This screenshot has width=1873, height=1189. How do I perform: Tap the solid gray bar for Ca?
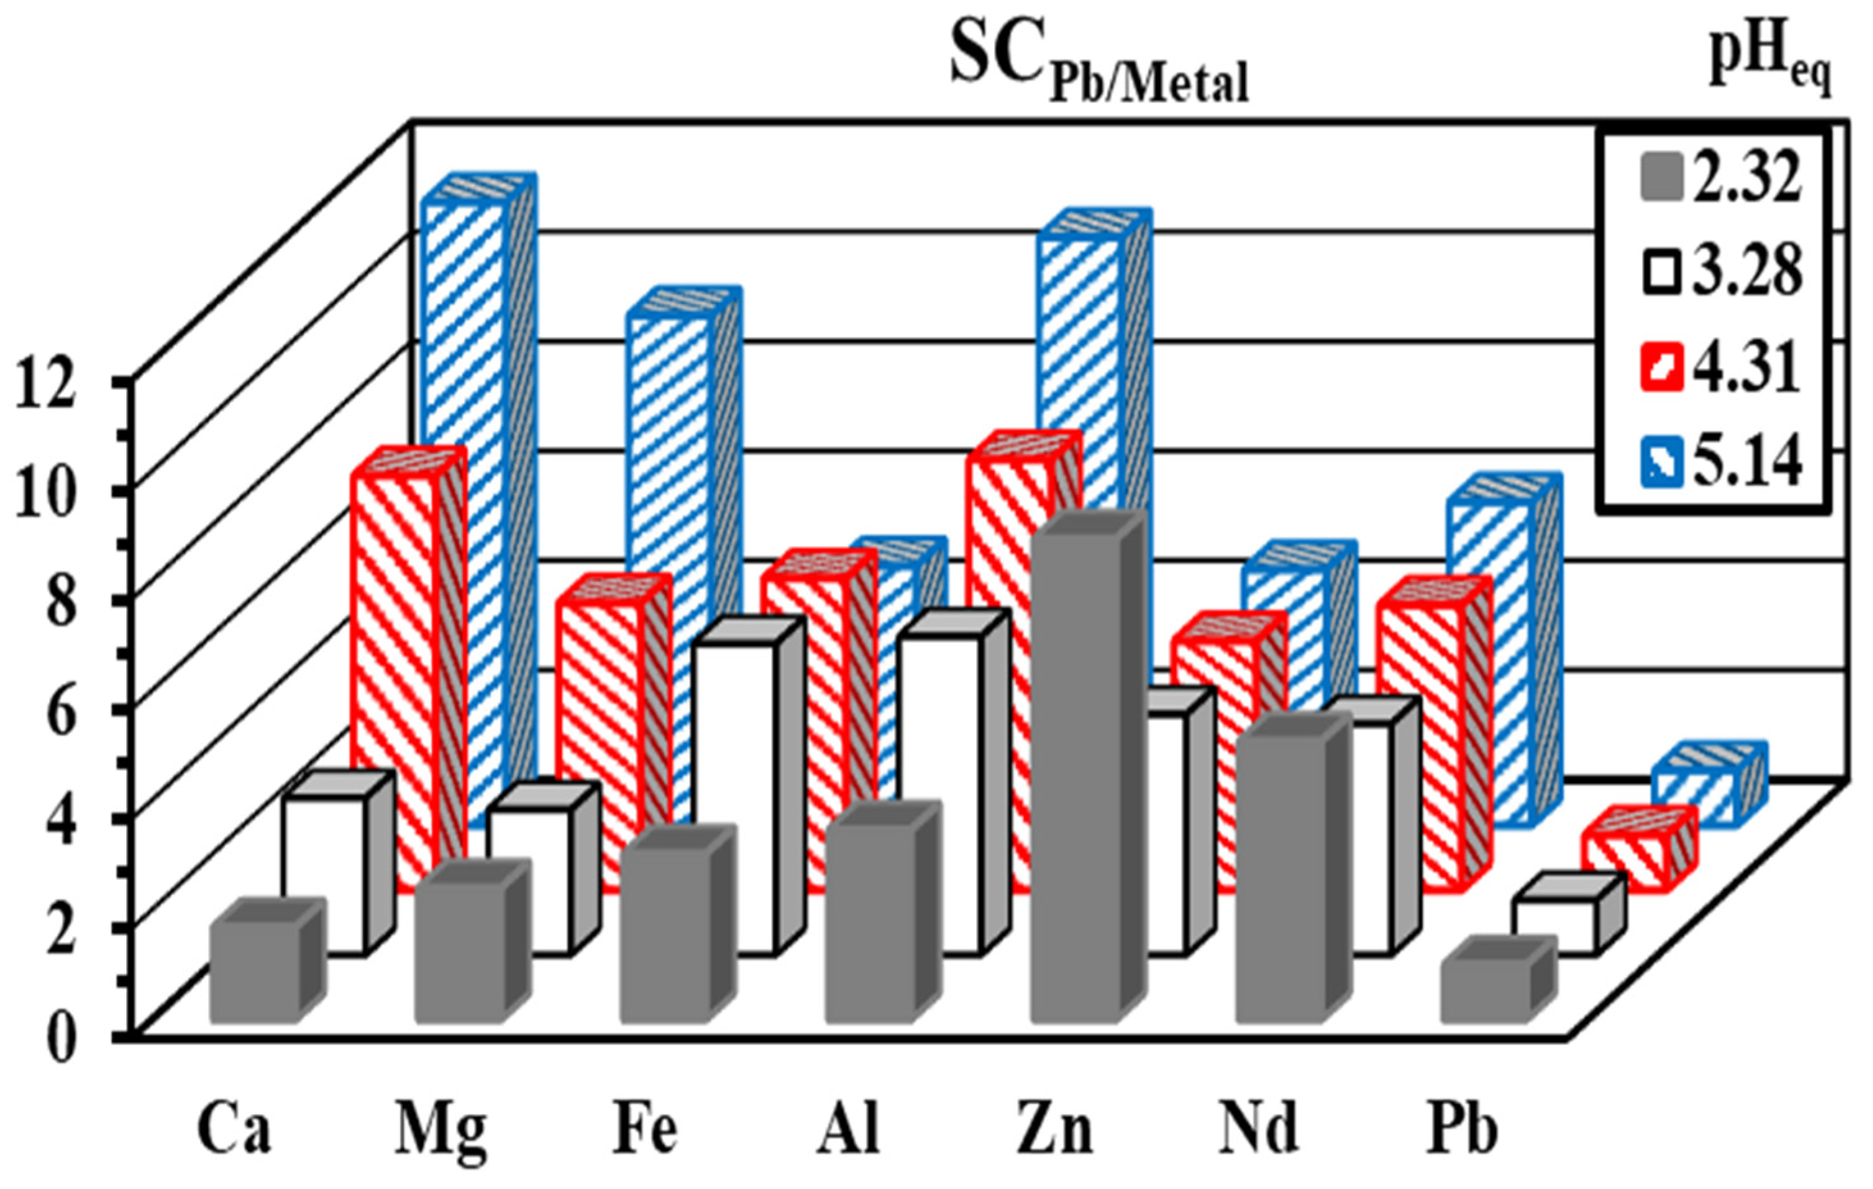pyautogui.click(x=255, y=973)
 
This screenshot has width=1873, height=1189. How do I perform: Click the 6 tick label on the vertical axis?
pyautogui.click(x=61, y=709)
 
